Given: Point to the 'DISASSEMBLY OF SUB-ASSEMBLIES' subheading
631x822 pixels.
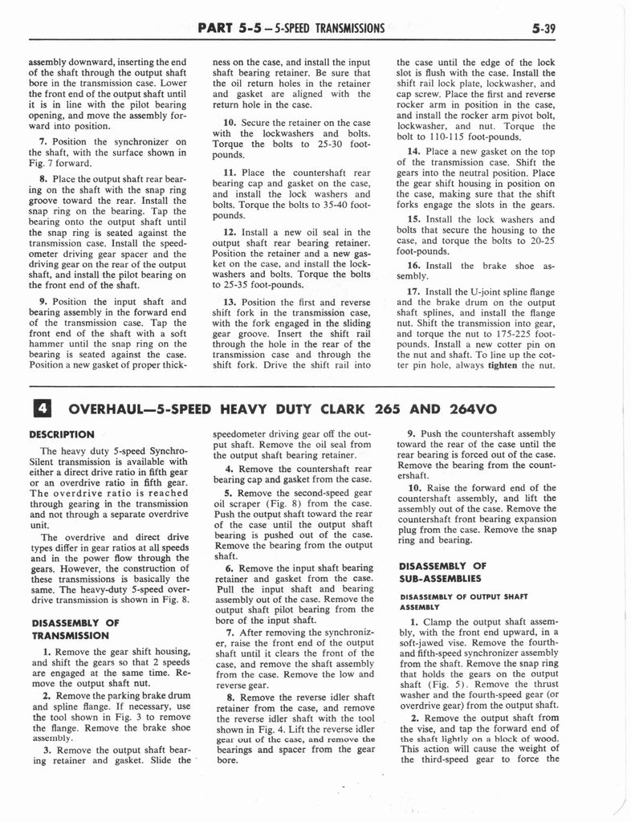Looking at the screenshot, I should [442, 572].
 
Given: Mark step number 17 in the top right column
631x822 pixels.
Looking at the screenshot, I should [414, 291].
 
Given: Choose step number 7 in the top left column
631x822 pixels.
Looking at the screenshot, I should [43, 142].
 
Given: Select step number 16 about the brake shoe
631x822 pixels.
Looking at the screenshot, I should [414, 265].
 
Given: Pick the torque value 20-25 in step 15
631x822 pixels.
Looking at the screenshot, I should [541, 239].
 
